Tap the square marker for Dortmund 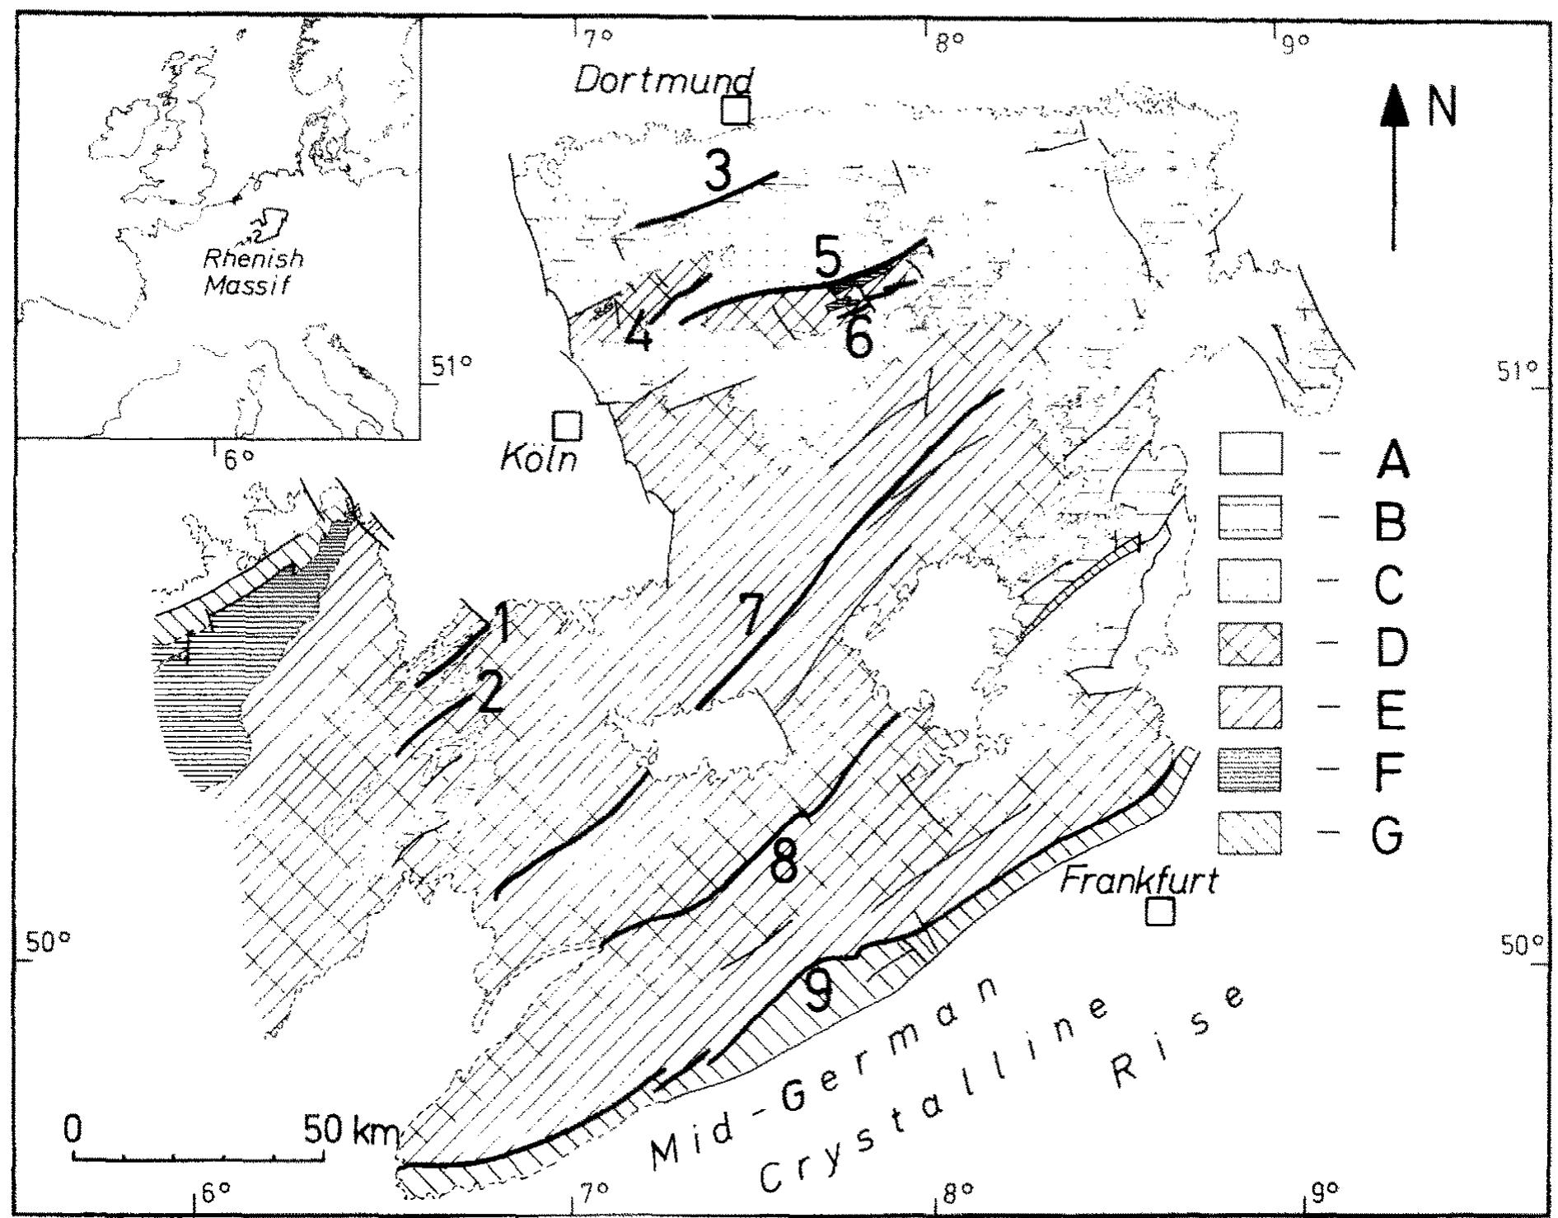click(735, 110)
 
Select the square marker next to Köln click(567, 426)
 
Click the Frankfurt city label click(1138, 882)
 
